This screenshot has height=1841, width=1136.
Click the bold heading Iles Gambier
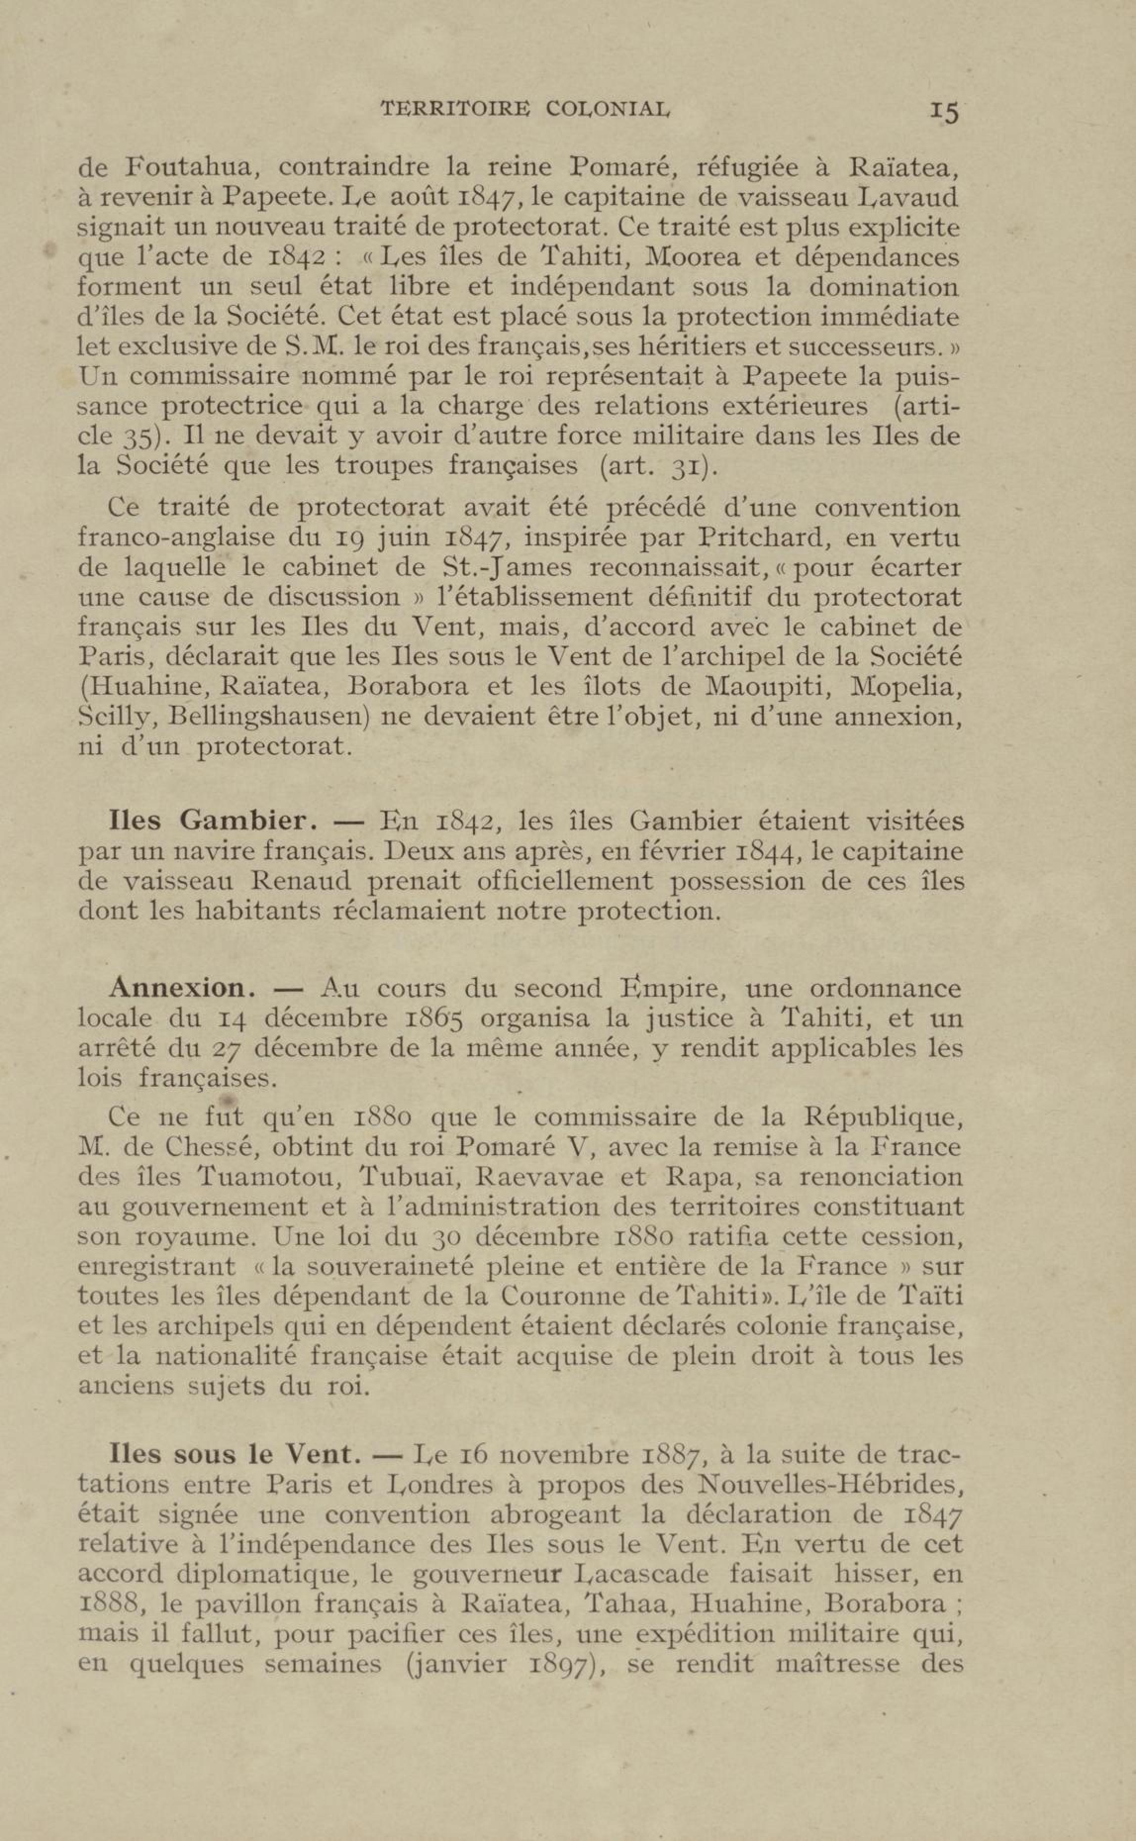208,821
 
